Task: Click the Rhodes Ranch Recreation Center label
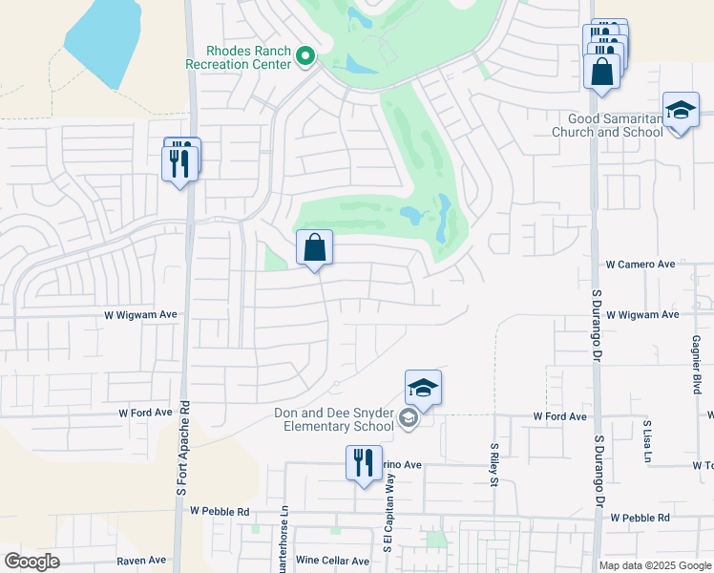point(247,57)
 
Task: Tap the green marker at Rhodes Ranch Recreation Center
point(305,56)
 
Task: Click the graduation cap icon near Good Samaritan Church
point(680,111)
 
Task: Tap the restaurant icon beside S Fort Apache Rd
point(178,163)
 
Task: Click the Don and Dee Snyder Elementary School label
point(333,419)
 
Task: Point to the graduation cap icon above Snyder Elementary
point(423,388)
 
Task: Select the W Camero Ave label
point(640,265)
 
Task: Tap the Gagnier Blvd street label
point(696,364)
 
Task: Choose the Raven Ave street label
point(141,560)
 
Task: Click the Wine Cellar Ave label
point(332,561)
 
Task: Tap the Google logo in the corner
point(31,561)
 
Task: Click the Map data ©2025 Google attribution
point(655,565)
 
